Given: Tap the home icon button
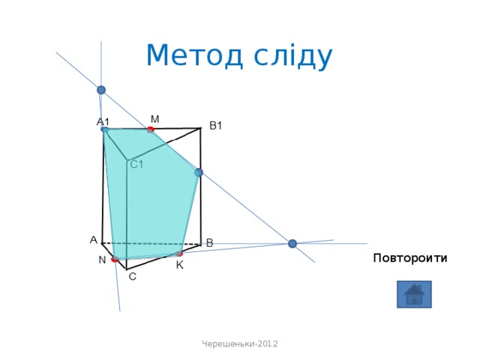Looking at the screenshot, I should click(x=414, y=294).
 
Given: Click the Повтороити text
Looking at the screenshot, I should click(x=409, y=259).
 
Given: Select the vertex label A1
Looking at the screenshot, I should click(x=103, y=121).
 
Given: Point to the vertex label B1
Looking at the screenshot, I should click(x=216, y=126).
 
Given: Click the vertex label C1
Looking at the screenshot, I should click(x=137, y=164).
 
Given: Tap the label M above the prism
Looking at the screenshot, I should click(x=154, y=118).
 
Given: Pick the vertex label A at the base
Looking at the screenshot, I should click(x=93, y=240).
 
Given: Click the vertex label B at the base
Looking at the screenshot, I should click(x=209, y=243).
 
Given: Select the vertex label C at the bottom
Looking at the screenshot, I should click(x=132, y=277).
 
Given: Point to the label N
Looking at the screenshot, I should click(x=101, y=260).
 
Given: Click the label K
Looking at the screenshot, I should click(x=180, y=265).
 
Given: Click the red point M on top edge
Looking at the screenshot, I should click(x=151, y=130).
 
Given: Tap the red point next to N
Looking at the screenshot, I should click(x=115, y=259).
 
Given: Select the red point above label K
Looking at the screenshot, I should click(x=179, y=254).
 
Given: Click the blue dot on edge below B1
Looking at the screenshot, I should click(x=199, y=172).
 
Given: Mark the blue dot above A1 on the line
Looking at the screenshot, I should click(x=101, y=90).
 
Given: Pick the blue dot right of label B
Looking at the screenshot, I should click(x=292, y=243).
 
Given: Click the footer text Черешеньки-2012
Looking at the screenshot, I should click(x=240, y=343).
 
